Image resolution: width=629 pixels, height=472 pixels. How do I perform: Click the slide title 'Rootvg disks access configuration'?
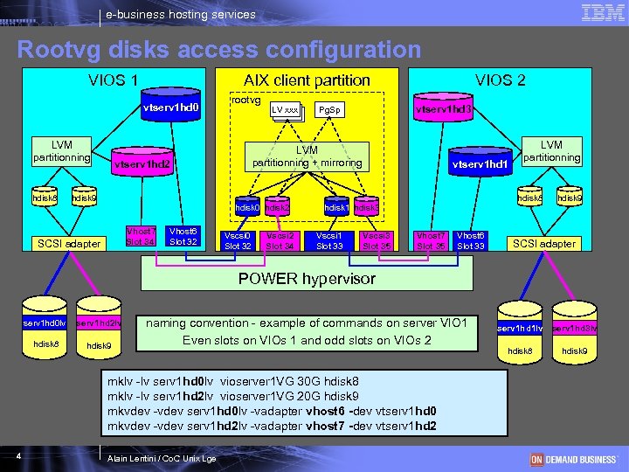pos(218,49)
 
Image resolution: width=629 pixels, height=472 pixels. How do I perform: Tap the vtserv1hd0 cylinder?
pos(171,109)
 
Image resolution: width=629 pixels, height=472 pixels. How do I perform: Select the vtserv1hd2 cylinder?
pos(141,163)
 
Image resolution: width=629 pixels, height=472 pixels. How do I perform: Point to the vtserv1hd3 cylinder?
pos(443,110)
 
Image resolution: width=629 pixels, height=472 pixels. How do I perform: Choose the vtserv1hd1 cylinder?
pos(479,163)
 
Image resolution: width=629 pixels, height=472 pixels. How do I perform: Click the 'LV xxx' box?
pos(286,110)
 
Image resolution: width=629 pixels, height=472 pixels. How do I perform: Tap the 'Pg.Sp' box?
pos(329,110)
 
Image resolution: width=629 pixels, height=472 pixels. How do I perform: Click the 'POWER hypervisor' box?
pos(307,279)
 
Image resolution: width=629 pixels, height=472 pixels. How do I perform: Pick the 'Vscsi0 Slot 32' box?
pos(238,240)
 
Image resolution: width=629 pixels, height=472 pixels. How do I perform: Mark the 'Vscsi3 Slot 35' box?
pos(376,240)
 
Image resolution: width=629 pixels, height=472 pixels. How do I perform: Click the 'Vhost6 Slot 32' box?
pos(184,236)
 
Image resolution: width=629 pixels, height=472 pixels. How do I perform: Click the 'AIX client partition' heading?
pos(307,80)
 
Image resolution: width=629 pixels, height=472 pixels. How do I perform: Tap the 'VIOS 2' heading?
pos(500,80)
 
